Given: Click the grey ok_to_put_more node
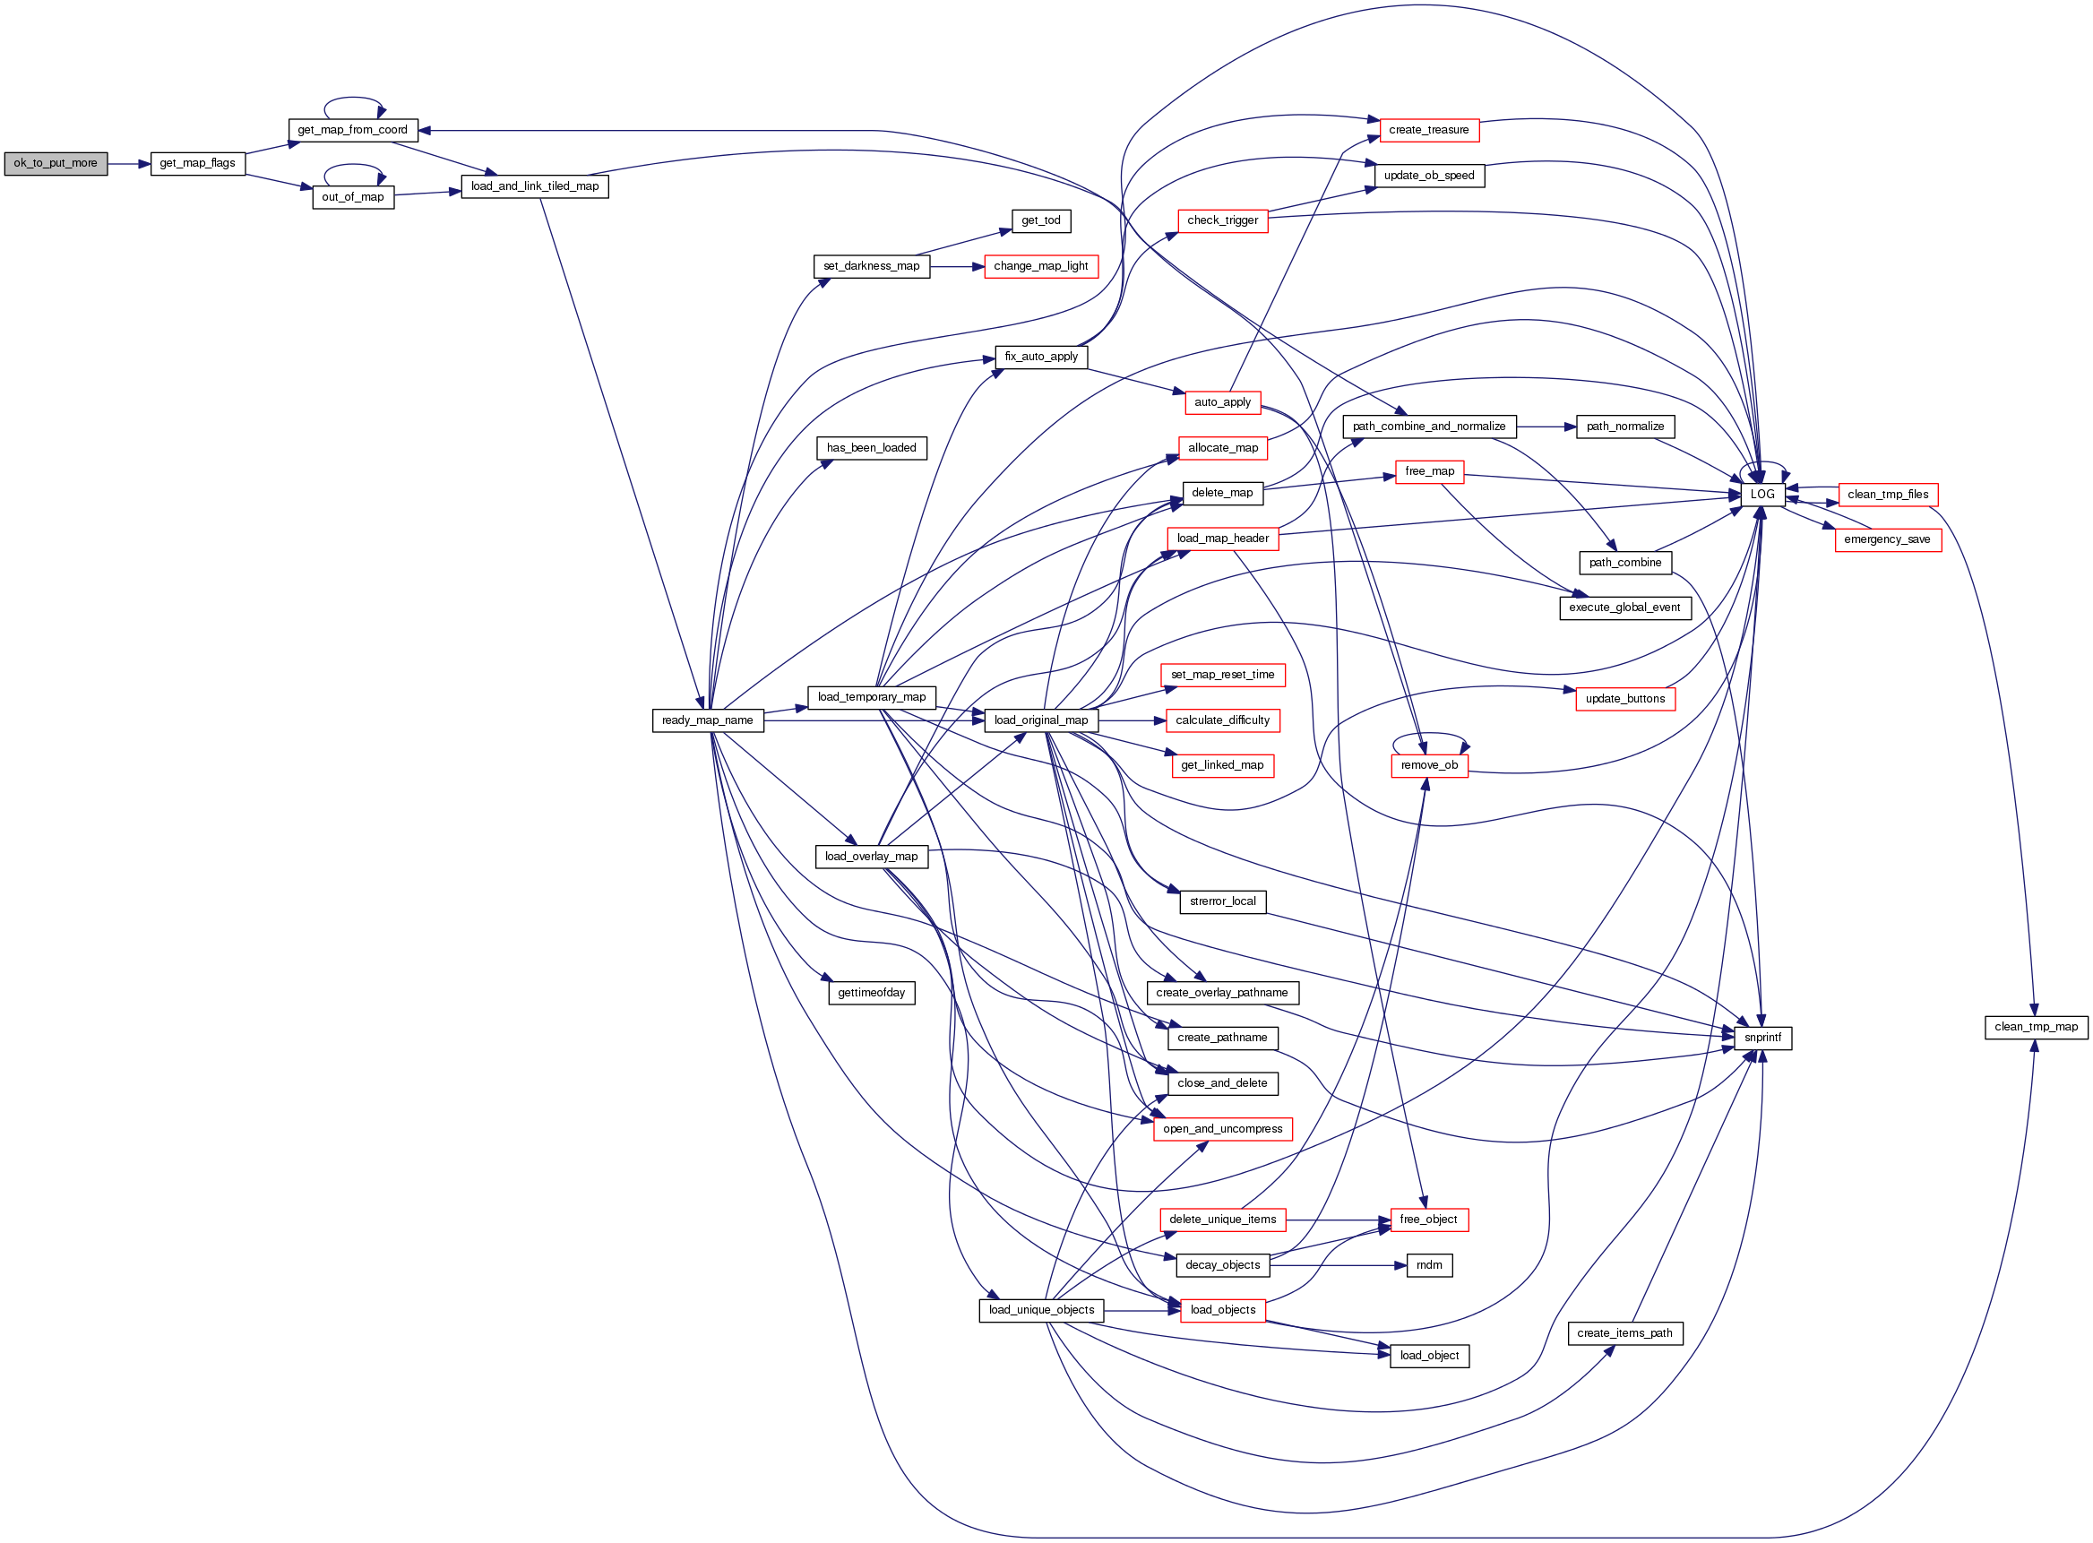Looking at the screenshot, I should pos(56,163).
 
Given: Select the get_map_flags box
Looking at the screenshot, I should pos(197,163).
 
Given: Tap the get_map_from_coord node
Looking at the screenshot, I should pos(352,130).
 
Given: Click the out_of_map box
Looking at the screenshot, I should pos(352,197).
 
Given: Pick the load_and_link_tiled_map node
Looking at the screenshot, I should pos(534,186).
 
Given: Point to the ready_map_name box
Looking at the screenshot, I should pos(707,720).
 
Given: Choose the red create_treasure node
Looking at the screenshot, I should pos(1428,130).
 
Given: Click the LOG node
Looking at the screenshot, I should pos(1761,494).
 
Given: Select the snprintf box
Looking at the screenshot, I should pos(1761,1038).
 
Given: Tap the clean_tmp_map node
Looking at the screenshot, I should pos(2036,1028).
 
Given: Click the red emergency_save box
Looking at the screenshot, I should pos(1887,539).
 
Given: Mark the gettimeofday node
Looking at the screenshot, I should pos(871,993).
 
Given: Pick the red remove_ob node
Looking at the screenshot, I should pos(1428,766).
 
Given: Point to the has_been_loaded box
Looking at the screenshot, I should pos(871,448).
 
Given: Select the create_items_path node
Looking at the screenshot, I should pos(1624,1334).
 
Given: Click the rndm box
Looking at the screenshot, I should pos(1428,1265).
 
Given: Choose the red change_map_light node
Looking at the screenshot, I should pos(1040,266).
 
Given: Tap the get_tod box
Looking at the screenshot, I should pos(1040,221).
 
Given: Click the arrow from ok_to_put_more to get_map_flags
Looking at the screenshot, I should pos(129,163).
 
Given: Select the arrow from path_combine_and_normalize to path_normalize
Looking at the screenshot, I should pos(1546,427).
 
